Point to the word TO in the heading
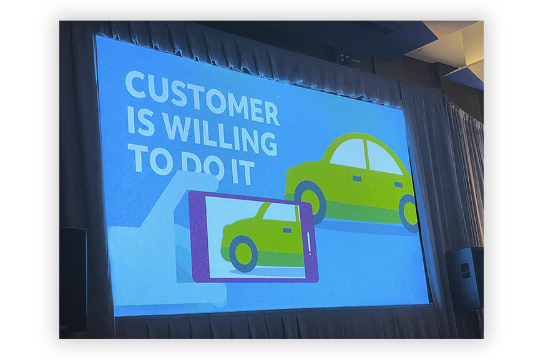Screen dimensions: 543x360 (x=150, y=158)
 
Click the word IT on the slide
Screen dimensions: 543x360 (x=243, y=172)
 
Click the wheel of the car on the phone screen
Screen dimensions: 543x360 (x=243, y=253)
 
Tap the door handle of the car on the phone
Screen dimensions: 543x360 (x=287, y=231)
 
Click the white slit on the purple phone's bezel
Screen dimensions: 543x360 (x=309, y=244)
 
